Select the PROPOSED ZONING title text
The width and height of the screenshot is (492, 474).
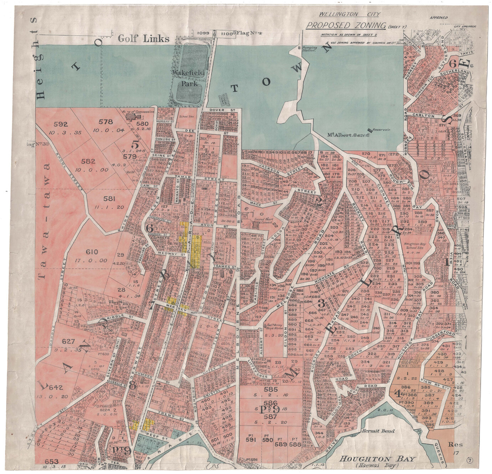click(346, 25)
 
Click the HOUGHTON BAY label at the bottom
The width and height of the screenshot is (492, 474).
click(377, 458)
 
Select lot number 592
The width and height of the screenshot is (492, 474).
click(61, 124)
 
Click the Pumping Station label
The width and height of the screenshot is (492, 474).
click(309, 49)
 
